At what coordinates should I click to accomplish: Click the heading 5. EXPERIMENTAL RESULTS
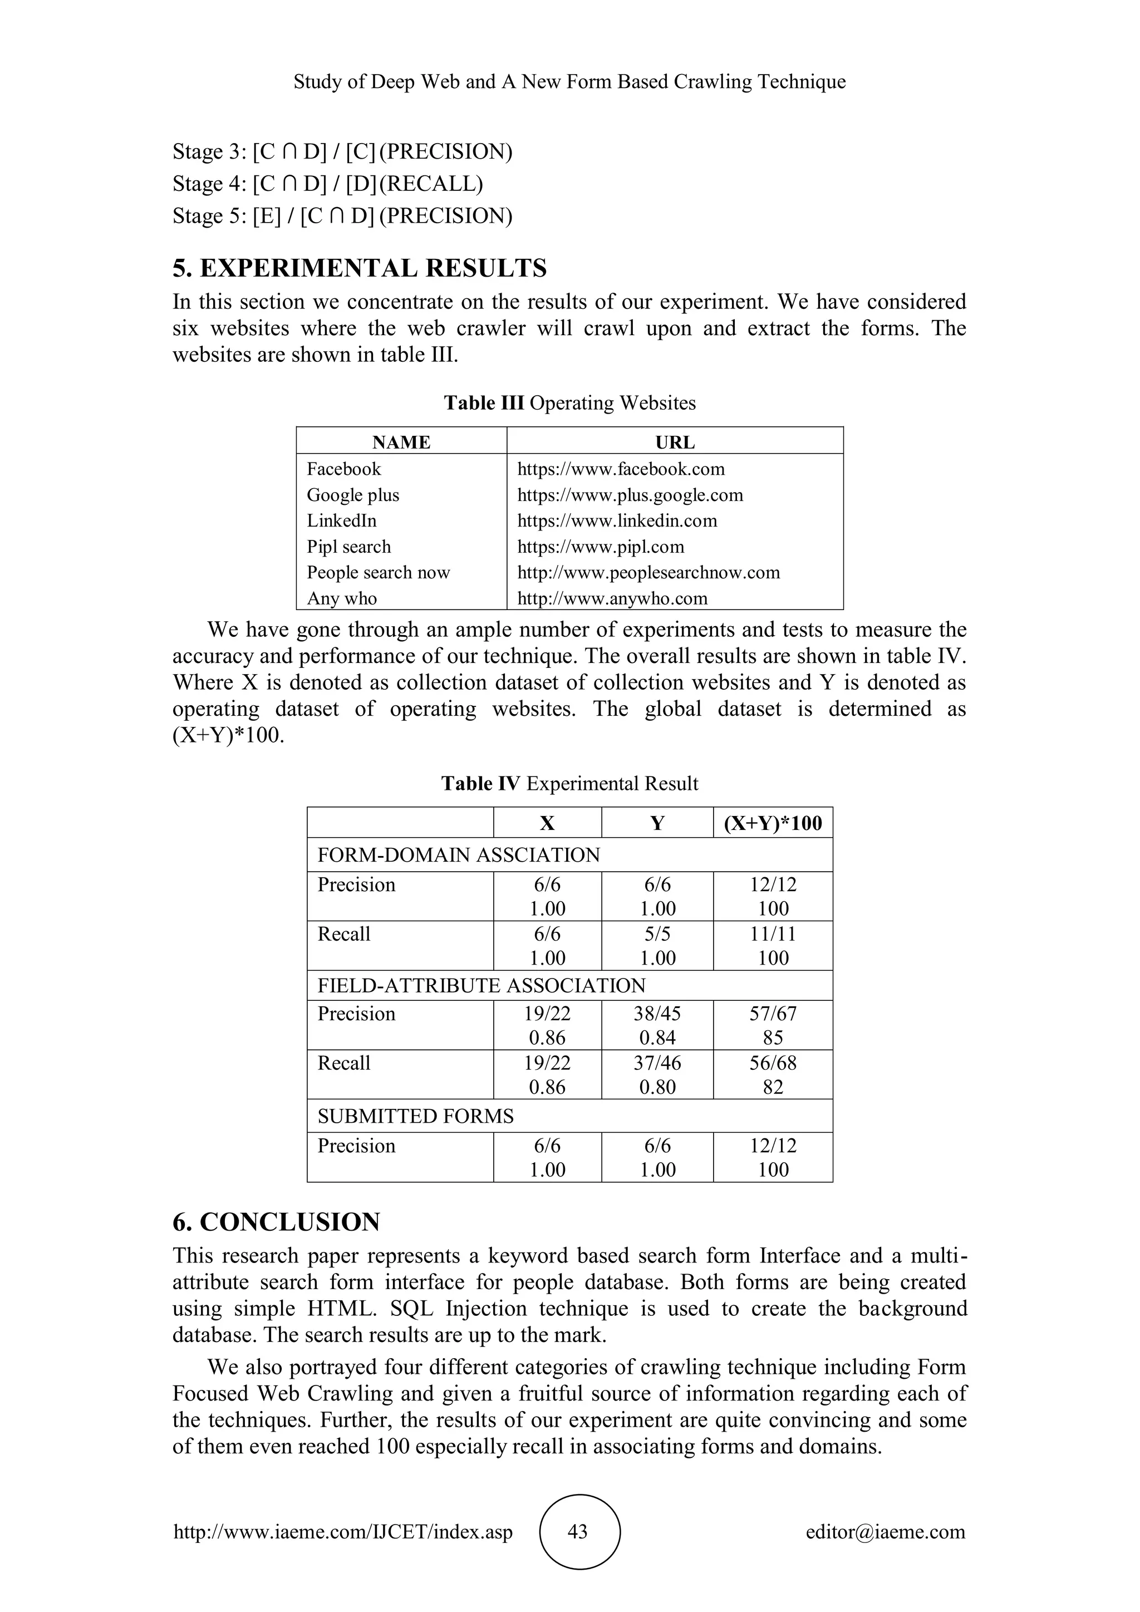click(x=360, y=268)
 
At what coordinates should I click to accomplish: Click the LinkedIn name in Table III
click(x=342, y=520)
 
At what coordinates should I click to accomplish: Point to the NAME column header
click(x=401, y=443)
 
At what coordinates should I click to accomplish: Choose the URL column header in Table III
click(x=675, y=443)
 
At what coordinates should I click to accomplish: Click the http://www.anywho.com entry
click(x=612, y=598)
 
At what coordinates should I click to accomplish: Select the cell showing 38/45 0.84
click(x=657, y=1025)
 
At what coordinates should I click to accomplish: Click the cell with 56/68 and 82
click(x=772, y=1074)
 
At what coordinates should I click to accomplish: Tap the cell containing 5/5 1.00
click(x=657, y=945)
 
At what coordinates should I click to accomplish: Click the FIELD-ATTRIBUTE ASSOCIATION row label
click(x=481, y=985)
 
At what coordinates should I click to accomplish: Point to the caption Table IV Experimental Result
click(x=569, y=784)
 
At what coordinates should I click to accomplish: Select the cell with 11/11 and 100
click(x=772, y=945)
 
